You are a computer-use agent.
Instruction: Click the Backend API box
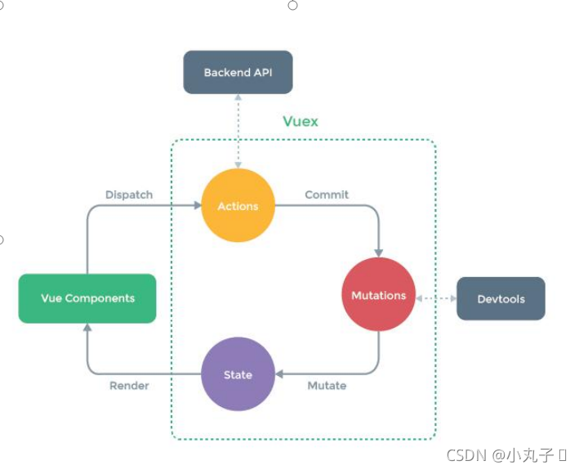pyautogui.click(x=238, y=73)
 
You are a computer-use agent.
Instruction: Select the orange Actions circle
pyautogui.click(x=238, y=206)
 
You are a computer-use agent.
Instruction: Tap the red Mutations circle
pyautogui.click(x=378, y=295)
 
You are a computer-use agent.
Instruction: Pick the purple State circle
pyautogui.click(x=238, y=374)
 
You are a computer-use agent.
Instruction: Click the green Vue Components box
pyautogui.click(x=87, y=298)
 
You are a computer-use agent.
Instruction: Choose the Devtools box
pyautogui.click(x=501, y=298)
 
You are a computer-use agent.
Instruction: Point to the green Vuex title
pyautogui.click(x=301, y=121)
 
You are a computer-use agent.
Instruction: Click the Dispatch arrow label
pyautogui.click(x=129, y=195)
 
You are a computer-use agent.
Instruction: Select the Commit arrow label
pyautogui.click(x=327, y=195)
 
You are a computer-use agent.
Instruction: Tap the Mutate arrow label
pyautogui.click(x=327, y=385)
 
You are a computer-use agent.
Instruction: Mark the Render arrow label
pyautogui.click(x=129, y=385)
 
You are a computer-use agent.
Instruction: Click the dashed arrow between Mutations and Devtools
pyautogui.click(x=436, y=298)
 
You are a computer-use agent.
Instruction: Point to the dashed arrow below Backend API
pyautogui.click(x=238, y=131)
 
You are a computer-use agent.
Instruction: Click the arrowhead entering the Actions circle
pyautogui.click(x=197, y=206)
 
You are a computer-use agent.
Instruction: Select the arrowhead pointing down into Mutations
pyautogui.click(x=378, y=253)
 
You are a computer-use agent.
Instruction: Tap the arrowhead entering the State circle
pyautogui.click(x=279, y=374)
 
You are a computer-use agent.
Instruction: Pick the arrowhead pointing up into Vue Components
pyautogui.click(x=87, y=328)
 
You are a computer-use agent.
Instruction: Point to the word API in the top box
pyautogui.click(x=262, y=73)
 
